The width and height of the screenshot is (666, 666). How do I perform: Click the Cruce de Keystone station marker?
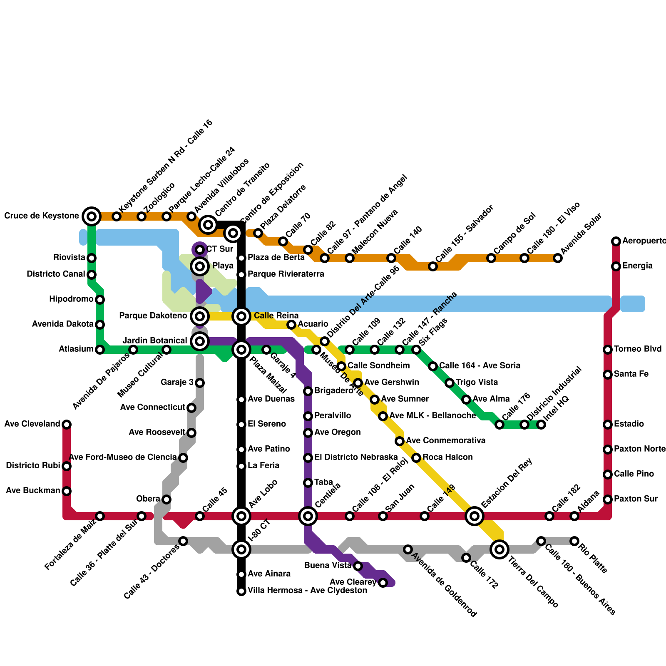click(92, 216)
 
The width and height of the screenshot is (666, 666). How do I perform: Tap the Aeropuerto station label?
click(644, 241)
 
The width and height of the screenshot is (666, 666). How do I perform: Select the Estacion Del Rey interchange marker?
click(475, 516)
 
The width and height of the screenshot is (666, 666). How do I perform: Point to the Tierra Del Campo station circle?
click(499, 549)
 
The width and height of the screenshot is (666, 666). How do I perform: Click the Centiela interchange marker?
click(308, 516)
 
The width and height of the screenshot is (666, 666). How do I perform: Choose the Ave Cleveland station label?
click(32, 424)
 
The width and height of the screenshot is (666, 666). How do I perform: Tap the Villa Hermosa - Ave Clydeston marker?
click(241, 591)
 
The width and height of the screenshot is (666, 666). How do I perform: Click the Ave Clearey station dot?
click(383, 583)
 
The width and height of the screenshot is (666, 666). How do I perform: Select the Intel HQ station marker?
click(541, 425)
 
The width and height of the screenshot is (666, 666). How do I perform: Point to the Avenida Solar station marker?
click(558, 258)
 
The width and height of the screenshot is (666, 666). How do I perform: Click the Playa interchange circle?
click(200, 266)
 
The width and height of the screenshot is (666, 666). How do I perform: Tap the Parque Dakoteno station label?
click(153, 316)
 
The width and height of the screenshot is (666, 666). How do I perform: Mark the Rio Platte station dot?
click(574, 541)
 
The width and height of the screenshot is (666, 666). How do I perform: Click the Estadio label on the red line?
click(629, 424)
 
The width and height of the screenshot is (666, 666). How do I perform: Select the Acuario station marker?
click(291, 325)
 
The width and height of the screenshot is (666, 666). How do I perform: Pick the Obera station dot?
click(166, 499)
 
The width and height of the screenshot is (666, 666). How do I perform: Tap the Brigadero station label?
click(334, 391)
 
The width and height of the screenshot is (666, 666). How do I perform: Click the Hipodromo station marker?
click(100, 300)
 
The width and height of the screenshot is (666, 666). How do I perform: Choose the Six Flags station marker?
click(416, 350)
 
